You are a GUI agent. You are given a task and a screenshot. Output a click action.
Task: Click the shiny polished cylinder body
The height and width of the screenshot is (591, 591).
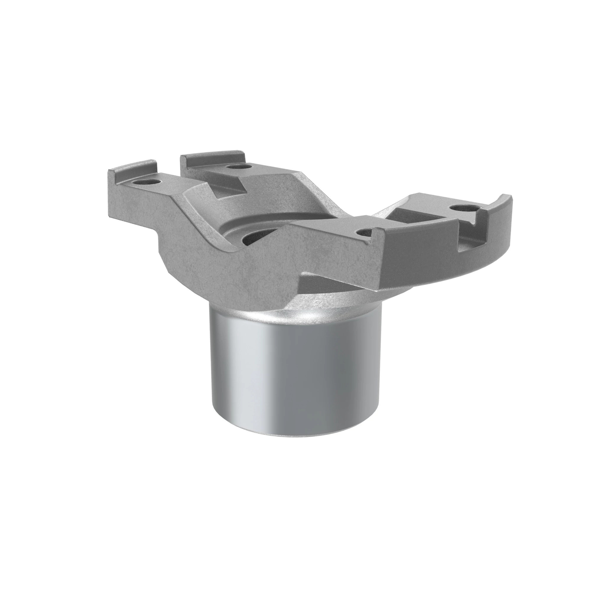294,376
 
